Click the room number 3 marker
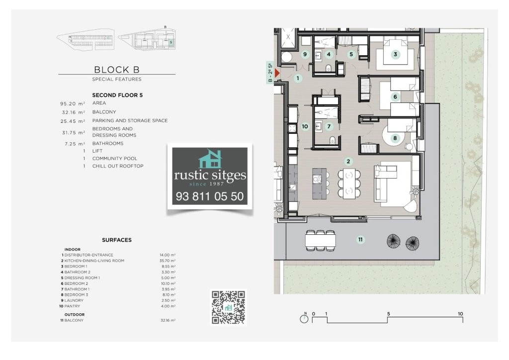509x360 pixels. coord(395,54)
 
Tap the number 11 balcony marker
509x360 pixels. coord(360,240)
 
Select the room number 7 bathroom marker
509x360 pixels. coord(329,126)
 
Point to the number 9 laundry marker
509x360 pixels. coord(305,54)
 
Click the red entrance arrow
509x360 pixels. coord(277,73)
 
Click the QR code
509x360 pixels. coord(228,307)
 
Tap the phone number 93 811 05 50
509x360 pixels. coord(210,196)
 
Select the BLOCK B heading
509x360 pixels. coord(116,70)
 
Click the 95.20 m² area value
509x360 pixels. coord(73,104)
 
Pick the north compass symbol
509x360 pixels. coord(304,318)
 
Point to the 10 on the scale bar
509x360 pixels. coord(460,314)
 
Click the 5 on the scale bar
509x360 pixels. coord(388,314)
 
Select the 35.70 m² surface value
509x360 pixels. coord(168,261)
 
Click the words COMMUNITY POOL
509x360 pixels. coord(115,159)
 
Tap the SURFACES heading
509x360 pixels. coord(117,240)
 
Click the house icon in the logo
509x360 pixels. coord(210,159)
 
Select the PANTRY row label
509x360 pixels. coord(72,306)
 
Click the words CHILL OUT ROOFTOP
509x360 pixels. coord(118,166)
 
